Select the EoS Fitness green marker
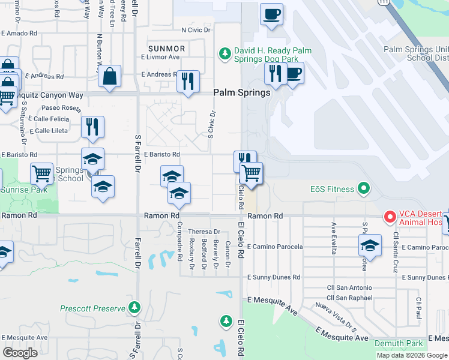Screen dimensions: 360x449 coord(363,189)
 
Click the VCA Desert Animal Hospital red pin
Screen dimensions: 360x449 coord(390,215)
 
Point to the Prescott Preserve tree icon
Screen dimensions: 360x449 coord(135,308)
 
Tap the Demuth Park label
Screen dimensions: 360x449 coord(399,343)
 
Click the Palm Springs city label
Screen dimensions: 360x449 coord(243,93)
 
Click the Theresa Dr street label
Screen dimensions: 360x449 coord(205,232)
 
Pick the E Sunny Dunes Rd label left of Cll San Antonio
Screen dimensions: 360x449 coord(274,277)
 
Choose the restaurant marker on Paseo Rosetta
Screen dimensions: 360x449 coord(92,127)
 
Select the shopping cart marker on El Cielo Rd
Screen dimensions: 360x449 coord(252,173)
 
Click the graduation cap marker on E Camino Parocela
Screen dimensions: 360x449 coord(370,245)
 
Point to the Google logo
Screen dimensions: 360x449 coord(20,353)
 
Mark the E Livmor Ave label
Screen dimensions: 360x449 coord(160,57)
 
